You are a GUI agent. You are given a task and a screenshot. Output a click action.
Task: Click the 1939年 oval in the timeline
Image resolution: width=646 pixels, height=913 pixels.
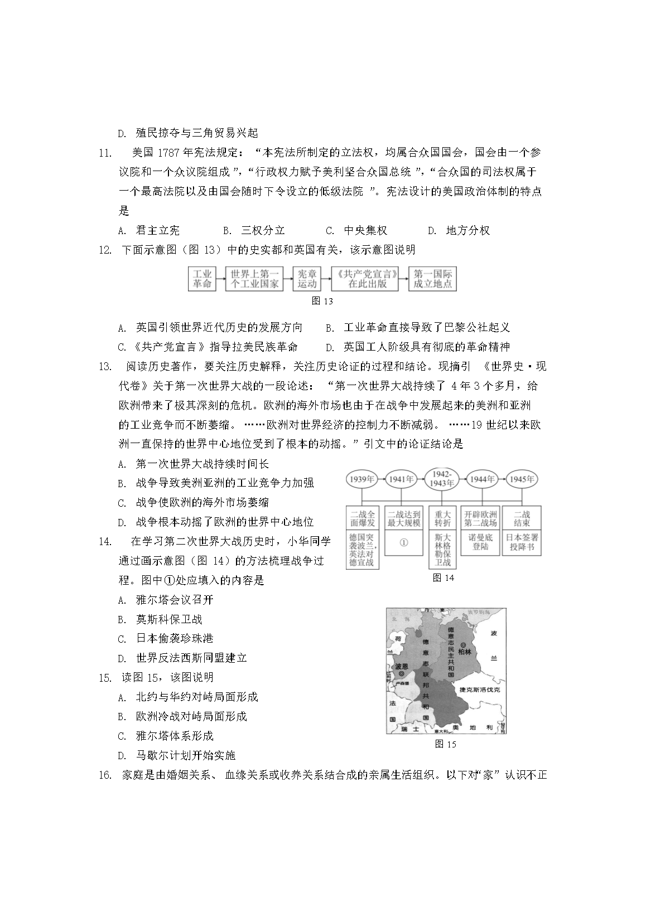click(362, 479)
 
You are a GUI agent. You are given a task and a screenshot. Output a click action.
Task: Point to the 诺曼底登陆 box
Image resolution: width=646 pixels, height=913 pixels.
click(481, 542)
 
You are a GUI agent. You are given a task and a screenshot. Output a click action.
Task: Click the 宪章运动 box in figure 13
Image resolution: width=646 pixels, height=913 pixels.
click(306, 279)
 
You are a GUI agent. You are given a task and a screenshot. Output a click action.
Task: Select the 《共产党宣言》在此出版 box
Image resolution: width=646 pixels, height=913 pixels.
click(365, 279)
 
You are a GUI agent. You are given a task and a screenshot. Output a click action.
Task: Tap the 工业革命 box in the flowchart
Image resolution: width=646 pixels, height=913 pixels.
click(202, 279)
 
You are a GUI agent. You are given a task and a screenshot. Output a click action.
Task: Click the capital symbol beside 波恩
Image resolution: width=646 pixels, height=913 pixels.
click(401, 673)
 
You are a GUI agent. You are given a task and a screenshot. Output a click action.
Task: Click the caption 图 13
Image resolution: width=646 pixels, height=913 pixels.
click(322, 301)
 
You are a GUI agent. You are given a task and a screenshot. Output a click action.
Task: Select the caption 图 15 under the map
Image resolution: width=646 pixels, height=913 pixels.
click(445, 744)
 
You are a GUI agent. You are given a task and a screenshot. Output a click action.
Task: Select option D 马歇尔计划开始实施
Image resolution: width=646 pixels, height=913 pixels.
click(185, 755)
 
